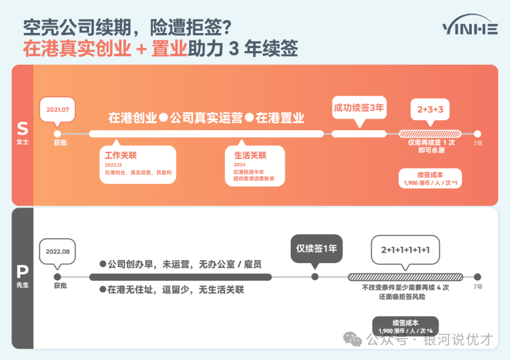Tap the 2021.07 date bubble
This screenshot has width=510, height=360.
click(x=58, y=110)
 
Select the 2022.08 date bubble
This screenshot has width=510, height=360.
click(x=58, y=252)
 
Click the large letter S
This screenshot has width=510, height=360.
click(x=23, y=129)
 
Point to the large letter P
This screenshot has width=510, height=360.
click(x=23, y=271)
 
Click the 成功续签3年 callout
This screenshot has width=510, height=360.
click(x=359, y=108)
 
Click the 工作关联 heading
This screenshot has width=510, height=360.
click(x=121, y=155)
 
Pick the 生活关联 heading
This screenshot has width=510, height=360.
click(x=250, y=155)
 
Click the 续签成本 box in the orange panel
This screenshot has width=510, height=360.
click(x=430, y=179)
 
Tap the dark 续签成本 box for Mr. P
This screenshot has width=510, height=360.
click(x=405, y=326)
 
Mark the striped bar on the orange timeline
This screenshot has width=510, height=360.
click(x=430, y=134)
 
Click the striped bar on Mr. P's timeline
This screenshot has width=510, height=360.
click(x=405, y=277)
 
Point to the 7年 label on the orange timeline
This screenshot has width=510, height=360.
click(x=478, y=143)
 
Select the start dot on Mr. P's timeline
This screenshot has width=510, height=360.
click(x=57, y=277)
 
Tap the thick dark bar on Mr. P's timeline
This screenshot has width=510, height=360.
click(x=180, y=277)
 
